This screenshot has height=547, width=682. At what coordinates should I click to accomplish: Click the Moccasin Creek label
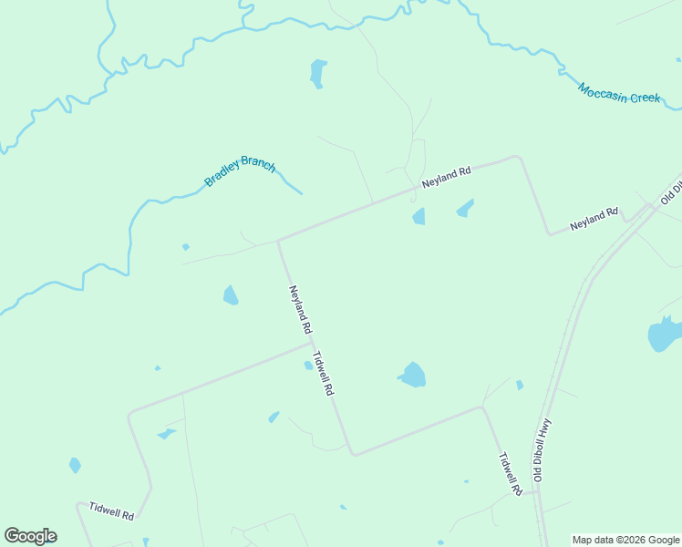click(x=618, y=92)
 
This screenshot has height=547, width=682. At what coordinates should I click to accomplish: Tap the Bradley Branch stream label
click(x=240, y=171)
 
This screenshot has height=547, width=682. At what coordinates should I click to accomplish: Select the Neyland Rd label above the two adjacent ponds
click(x=446, y=177)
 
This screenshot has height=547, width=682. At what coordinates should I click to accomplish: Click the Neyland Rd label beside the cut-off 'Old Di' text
click(x=594, y=218)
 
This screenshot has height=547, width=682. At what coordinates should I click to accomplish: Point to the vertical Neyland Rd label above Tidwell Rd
click(x=301, y=309)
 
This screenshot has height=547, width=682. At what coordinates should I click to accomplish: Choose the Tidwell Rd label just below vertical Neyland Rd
click(x=323, y=374)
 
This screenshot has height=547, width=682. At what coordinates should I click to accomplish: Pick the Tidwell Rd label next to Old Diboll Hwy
click(x=510, y=474)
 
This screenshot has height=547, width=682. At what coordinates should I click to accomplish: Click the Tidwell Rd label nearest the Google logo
click(x=111, y=511)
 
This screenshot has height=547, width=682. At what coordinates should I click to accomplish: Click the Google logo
click(x=30, y=536)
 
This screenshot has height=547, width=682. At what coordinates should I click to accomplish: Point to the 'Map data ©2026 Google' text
click(x=625, y=540)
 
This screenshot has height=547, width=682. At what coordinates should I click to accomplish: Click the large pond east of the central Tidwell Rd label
click(x=413, y=375)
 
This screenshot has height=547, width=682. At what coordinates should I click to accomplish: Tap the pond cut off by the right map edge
click(x=664, y=335)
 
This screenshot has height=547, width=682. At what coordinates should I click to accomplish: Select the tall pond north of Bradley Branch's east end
click(x=317, y=73)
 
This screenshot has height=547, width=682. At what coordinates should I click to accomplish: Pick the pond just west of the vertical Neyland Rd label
click(x=231, y=295)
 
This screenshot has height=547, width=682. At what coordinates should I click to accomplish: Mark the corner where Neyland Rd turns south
click(x=519, y=158)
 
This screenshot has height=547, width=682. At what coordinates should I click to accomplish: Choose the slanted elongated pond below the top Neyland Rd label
click(x=465, y=209)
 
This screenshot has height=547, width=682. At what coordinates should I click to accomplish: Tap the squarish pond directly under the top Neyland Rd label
click(x=418, y=216)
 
